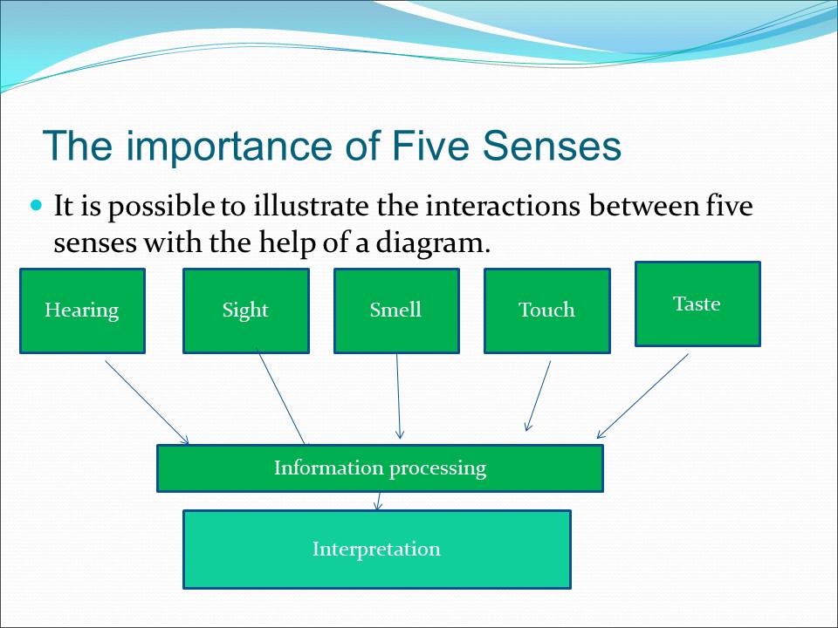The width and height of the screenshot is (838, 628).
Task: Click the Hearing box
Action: (82, 311)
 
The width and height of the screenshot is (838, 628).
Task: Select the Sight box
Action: (245, 311)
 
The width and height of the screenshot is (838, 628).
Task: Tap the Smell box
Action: (396, 311)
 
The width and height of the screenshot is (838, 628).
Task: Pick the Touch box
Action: (546, 311)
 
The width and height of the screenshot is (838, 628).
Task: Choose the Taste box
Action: (697, 304)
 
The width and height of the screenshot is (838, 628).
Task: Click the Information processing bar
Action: (380, 468)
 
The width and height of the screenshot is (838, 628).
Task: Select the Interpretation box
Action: (376, 549)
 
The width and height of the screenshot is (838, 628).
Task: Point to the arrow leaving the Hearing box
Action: (146, 401)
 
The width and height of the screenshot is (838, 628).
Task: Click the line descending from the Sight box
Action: (281, 398)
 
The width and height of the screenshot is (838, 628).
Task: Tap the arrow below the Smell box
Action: (399, 397)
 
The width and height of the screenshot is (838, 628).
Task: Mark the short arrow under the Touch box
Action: (538, 397)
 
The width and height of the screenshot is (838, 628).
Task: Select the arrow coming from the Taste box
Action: (643, 395)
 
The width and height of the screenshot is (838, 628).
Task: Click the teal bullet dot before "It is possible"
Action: (36, 207)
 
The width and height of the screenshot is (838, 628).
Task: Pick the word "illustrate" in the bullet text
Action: (312, 208)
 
